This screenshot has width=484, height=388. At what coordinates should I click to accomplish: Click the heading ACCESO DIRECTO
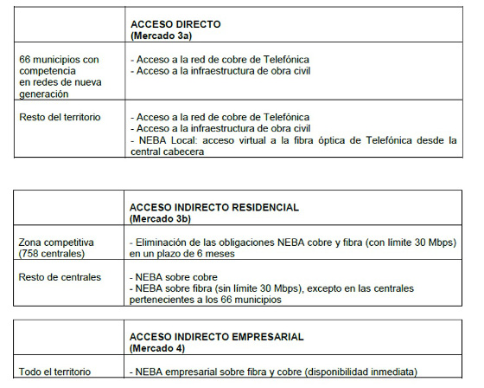tap(175, 25)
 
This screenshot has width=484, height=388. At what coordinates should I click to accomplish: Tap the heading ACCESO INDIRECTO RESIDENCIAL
tap(213, 208)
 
